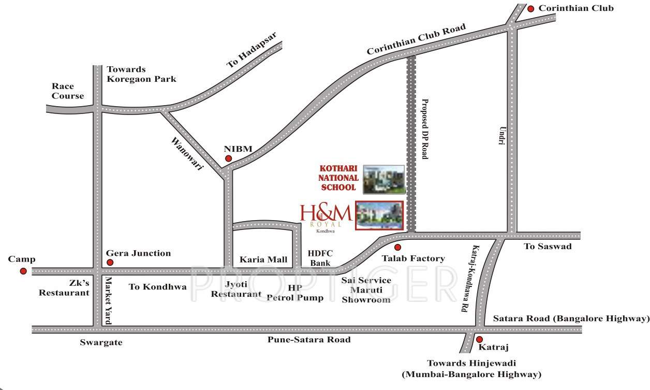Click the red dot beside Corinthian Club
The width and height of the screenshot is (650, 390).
(530, 9)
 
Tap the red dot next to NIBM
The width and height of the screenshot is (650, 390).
(228, 158)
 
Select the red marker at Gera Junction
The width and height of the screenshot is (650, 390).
(110, 263)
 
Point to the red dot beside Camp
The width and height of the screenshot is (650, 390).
(23, 271)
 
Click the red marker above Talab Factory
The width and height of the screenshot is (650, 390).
(397, 248)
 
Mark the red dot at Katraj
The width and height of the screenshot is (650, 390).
(479, 339)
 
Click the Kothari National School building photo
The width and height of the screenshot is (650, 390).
(383, 179)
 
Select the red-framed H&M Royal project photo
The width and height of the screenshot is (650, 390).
(379, 215)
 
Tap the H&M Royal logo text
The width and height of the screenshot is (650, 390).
(326, 215)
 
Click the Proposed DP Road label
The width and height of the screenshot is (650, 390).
(424, 129)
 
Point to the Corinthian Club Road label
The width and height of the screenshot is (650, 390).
(417, 39)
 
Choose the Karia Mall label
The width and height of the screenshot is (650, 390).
(263, 259)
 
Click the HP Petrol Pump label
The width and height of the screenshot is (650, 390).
(295, 293)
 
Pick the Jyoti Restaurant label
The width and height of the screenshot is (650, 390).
(243, 288)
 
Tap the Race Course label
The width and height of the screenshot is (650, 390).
(67, 91)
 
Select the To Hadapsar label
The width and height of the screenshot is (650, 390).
(252, 50)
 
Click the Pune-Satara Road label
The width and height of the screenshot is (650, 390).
(309, 340)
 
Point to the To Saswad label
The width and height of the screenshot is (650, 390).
(548, 247)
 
